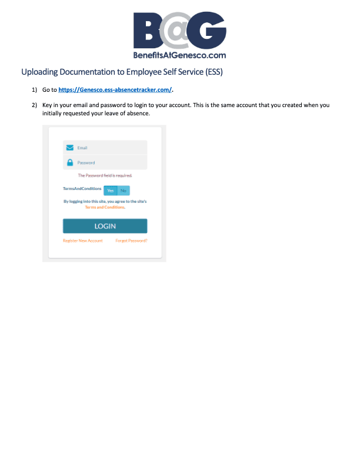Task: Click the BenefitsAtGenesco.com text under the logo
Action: coord(180,55)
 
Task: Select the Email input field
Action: coord(109,148)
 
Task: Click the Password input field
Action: coord(109,162)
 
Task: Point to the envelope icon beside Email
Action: coord(70,148)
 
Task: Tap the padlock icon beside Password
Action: coord(70,162)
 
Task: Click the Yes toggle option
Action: coord(110,190)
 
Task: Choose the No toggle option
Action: coord(123,190)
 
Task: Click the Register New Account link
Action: coord(82,241)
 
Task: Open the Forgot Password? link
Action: coord(131,241)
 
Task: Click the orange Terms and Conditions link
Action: coord(105,207)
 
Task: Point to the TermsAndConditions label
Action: coord(82,189)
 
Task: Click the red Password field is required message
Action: coord(105,175)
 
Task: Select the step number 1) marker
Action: coord(34,89)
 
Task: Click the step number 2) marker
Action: coord(34,105)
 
